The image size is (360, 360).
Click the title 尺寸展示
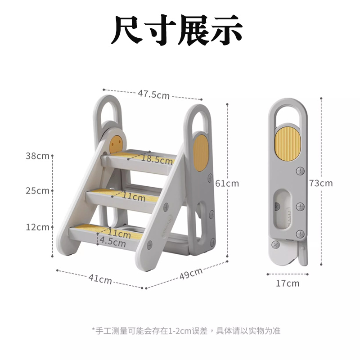coord(177,31)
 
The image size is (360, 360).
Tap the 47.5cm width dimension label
coord(153,94)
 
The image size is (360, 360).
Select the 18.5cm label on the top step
coord(157,159)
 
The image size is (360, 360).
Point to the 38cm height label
coord(37,156)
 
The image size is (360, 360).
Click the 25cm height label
coord(37,191)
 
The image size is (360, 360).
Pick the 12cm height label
coord(37,227)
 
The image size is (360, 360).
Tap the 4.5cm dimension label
coord(112,242)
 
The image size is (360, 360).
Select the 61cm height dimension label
coord(227,183)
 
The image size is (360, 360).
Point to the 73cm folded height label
coord(321,183)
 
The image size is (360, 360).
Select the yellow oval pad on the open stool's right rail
coord(201,153)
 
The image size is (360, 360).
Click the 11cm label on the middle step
coord(134,197)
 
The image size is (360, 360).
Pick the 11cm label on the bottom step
coord(119,233)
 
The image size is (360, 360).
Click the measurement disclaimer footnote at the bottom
coord(186,331)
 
